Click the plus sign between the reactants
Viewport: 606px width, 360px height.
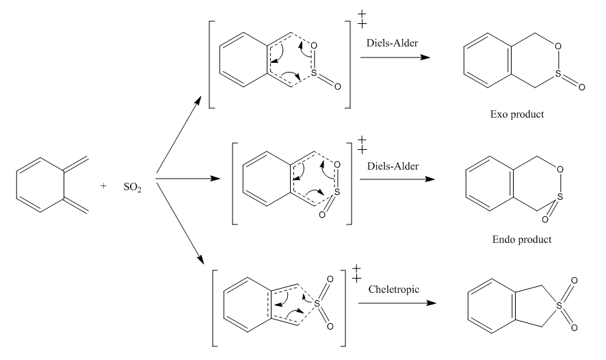(104, 185)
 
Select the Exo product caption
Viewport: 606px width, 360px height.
(522, 114)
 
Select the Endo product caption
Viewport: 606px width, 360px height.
(522, 240)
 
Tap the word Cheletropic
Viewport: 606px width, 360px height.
(386, 290)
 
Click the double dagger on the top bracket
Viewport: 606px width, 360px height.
(363, 18)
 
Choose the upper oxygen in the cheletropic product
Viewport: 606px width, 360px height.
(575, 281)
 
